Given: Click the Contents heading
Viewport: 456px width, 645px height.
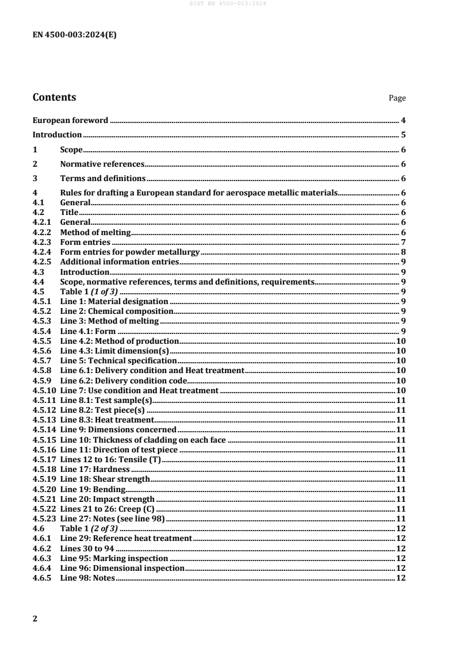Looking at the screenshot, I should point(54,97).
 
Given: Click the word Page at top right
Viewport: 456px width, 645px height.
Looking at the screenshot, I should point(397,98).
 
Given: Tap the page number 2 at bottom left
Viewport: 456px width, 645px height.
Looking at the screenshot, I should point(36,619).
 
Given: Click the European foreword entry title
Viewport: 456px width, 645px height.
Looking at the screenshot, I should point(70,121).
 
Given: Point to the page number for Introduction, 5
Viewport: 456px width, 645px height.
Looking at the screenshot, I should point(404,135).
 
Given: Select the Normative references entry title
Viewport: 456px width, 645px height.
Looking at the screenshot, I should point(98,164).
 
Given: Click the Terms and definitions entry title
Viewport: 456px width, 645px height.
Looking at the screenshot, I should point(102,179).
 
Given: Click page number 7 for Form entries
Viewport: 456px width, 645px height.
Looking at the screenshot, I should point(404,242).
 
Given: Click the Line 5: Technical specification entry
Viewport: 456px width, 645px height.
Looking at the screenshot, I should point(118,360).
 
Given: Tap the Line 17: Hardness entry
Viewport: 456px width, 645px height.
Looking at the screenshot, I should point(95,469).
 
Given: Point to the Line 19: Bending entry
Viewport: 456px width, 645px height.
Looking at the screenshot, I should point(93,489).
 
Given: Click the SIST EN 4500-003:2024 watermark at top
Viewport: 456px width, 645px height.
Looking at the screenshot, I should point(228,4).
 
